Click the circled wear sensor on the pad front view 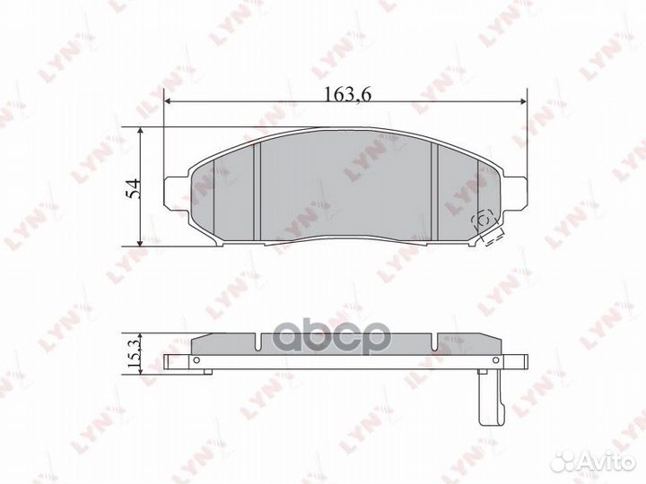[x=481, y=218]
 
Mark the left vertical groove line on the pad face [x=258, y=191]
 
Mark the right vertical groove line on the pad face [x=433, y=191]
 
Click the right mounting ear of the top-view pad [x=516, y=190]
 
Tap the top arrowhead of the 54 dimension [x=141, y=131]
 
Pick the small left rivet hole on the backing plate [x=191, y=362]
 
